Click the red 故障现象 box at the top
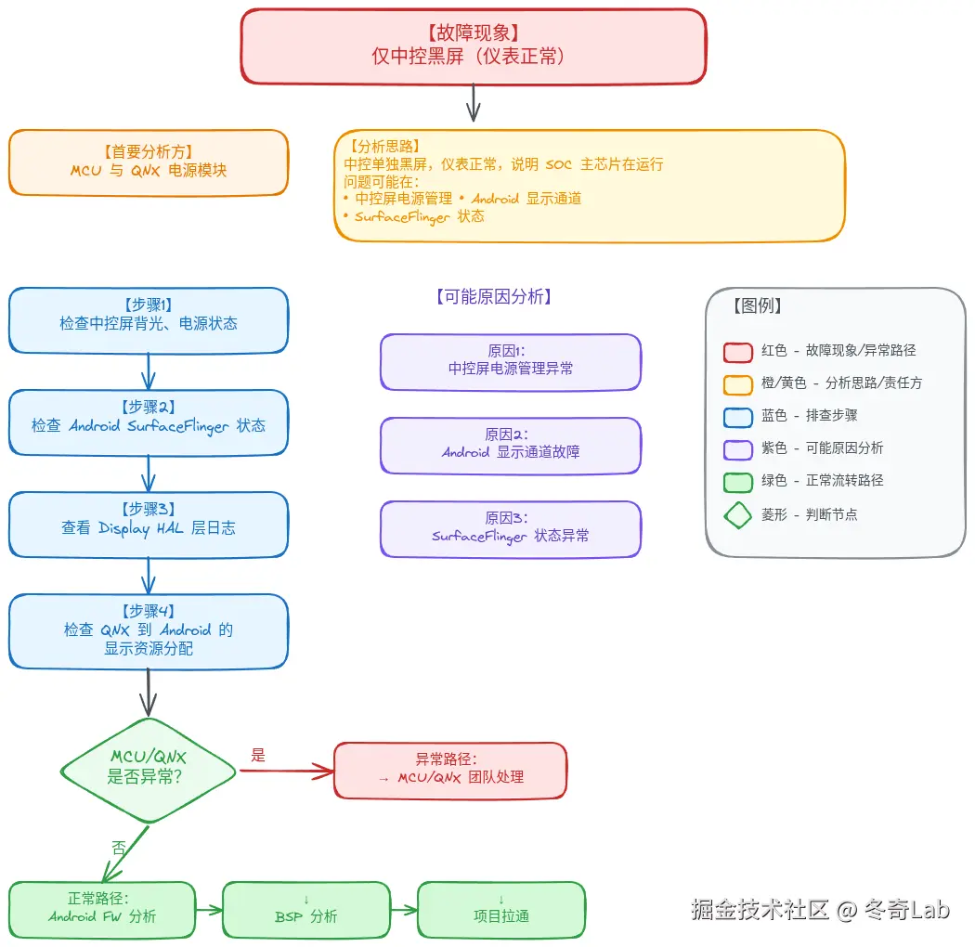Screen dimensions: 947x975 [474, 45]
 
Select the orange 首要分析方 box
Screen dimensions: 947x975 [149, 162]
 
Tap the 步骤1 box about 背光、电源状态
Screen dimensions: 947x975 [149, 320]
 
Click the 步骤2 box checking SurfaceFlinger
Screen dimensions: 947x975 [149, 422]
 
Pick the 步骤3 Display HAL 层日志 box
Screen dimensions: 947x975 [149, 525]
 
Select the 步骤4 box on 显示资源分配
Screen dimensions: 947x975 [149, 631]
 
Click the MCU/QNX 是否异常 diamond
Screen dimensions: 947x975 [149, 770]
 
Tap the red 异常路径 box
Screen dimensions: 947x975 [450, 770]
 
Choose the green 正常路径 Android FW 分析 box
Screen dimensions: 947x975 [102, 909]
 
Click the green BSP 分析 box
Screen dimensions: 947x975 [306, 909]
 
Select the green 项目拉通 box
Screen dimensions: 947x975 [501, 909]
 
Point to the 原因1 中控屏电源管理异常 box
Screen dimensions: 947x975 [511, 361]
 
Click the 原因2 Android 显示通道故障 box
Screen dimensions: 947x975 [511, 445]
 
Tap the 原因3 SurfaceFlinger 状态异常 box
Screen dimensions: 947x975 [511, 528]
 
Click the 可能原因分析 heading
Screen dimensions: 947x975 [494, 297]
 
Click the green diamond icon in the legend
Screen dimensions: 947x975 [738, 514]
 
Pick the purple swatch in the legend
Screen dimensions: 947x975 [738, 449]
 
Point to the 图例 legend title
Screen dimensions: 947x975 [757, 306]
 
